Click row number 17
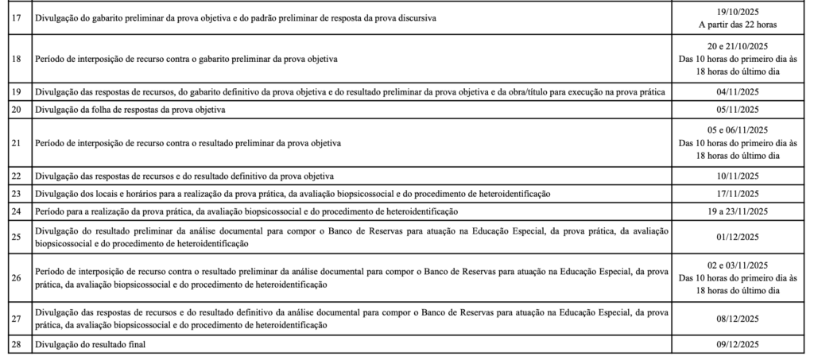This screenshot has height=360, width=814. [x=17, y=17]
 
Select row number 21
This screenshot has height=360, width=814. [x=17, y=144]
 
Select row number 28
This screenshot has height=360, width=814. [x=17, y=343]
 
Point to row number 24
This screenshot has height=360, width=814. [x=17, y=211]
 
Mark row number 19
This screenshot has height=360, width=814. [x=17, y=92]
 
